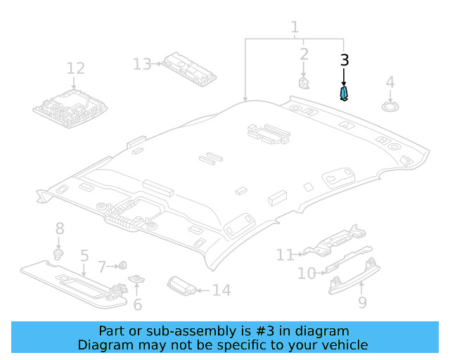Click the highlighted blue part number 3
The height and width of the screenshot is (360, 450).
[x=344, y=94]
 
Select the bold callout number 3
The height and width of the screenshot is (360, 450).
[x=345, y=60]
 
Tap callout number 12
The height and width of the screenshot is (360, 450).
[x=76, y=68]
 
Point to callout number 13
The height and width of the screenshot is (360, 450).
[x=142, y=64]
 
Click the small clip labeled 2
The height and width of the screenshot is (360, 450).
[x=304, y=83]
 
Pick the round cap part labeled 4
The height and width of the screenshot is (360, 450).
[x=390, y=106]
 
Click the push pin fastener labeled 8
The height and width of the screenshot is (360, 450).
[x=58, y=255]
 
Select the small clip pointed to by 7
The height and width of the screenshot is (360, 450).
[x=123, y=266]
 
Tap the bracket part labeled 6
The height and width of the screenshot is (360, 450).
[x=136, y=278]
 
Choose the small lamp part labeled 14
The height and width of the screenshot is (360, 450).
[x=182, y=286]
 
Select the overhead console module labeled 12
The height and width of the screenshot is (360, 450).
[x=70, y=108]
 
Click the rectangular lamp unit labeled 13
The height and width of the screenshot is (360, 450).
[x=189, y=69]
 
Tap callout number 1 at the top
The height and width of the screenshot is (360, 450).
[x=295, y=27]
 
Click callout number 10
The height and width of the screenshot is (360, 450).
[x=307, y=274]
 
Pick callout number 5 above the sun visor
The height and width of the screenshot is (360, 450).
[x=84, y=255]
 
